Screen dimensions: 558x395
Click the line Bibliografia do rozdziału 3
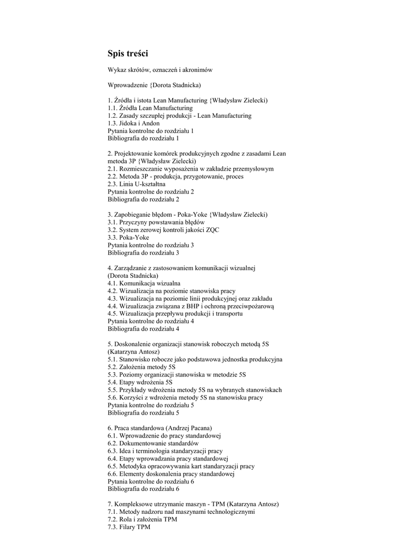pyautogui.click(x=143, y=253)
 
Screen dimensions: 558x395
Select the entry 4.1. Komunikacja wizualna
pyautogui.click(x=144, y=283)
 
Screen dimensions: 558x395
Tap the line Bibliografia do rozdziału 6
pyautogui.click(x=143, y=489)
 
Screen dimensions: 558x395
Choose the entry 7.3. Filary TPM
pyautogui.click(x=129, y=527)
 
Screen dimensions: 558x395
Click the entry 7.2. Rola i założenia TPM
pyautogui.click(x=142, y=520)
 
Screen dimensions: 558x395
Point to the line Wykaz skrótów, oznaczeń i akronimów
pyautogui.click(x=160, y=70)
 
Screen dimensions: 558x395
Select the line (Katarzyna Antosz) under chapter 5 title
pyautogui.click(x=133, y=352)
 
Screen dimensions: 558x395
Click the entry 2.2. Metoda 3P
pyautogui.click(x=175, y=177)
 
